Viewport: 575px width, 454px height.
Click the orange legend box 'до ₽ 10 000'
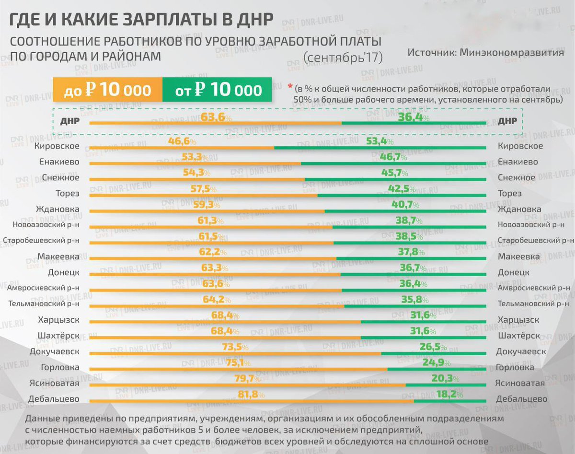pos(107,90)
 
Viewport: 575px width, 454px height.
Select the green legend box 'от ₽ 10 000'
pos(218,90)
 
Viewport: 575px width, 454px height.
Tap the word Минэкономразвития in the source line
pos(511,52)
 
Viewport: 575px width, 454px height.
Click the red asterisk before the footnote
pos(289,87)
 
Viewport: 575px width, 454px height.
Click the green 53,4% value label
pos(379,141)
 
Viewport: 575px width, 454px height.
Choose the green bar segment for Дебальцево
pos(450,401)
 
